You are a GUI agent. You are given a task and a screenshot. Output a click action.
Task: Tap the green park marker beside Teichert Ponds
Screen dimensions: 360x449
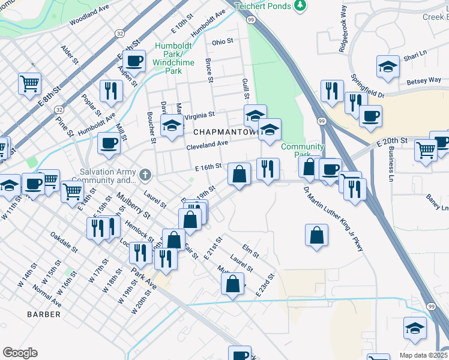(301, 5)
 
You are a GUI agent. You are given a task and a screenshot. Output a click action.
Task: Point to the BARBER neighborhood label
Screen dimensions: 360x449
(44, 314)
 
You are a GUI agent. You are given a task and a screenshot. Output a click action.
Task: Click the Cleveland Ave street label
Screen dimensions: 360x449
(207, 145)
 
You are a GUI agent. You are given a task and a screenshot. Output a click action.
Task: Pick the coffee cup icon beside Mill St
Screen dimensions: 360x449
(109, 143)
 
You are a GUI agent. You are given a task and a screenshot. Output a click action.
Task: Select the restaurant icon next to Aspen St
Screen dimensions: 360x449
(110, 91)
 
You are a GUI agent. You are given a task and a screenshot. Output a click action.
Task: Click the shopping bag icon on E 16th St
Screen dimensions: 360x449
(239, 175)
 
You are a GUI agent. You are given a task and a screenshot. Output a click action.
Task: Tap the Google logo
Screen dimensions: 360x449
(20, 353)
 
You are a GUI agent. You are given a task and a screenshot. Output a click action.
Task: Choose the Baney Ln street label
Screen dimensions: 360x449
(437, 201)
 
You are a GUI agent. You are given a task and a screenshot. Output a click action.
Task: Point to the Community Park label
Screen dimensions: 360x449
(302, 146)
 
